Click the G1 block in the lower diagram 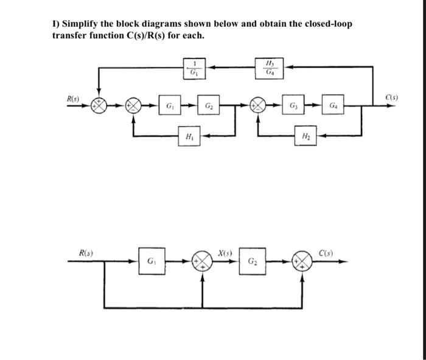pos(150,263)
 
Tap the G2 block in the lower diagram pos(251,263)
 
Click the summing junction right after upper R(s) pos(99,105)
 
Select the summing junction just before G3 pos(258,105)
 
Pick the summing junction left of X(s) pos(202,263)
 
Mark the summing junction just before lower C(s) pos(304,263)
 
